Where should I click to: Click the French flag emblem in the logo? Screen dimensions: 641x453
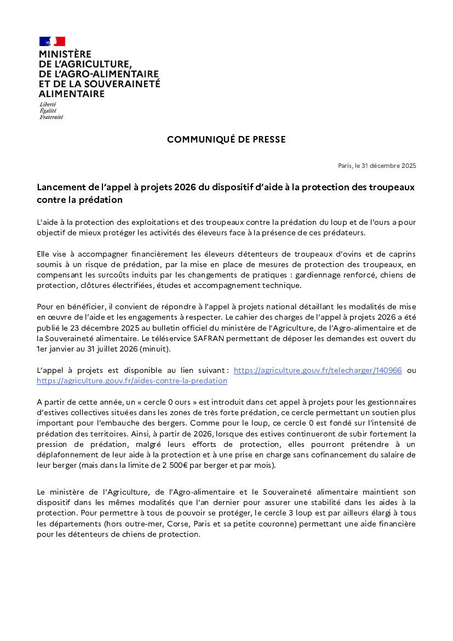pos(52,41)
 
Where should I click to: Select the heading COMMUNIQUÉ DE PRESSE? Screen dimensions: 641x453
pos(226,140)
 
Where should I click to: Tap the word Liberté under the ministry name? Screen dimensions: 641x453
pos(48,104)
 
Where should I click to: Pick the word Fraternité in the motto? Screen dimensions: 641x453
pos(51,117)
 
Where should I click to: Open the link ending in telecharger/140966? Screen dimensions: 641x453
pos(318,371)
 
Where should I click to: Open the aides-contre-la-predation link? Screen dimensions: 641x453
pos(132,381)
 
